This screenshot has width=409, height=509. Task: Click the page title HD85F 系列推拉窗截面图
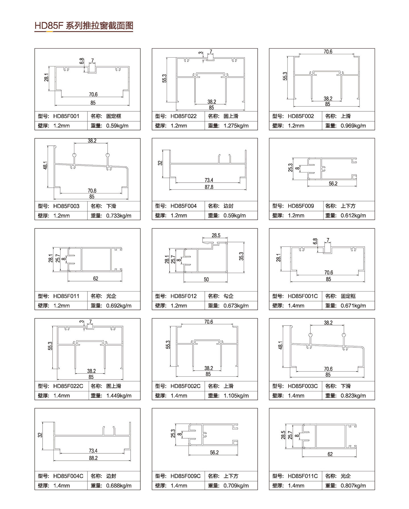coord(84,26)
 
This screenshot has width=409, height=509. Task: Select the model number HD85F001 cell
coord(66,116)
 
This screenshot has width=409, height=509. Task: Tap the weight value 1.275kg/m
coord(236,126)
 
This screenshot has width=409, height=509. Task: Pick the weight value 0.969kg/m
coord(353,126)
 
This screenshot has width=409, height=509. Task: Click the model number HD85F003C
coord(303,386)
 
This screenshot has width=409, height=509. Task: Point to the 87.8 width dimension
coord(209,187)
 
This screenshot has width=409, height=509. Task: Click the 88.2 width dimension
coord(93,458)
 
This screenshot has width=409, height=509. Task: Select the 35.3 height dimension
coord(241,256)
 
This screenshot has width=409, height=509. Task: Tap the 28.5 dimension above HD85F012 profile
coord(216,235)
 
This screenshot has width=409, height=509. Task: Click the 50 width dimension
coord(206,279)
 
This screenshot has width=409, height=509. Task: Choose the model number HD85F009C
coord(185,476)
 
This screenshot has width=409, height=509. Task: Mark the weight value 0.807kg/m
coord(353,486)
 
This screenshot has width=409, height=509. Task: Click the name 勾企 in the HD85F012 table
coord(228,296)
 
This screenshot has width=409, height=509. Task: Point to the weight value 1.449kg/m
coord(119,396)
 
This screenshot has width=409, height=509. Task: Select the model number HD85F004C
coord(68,476)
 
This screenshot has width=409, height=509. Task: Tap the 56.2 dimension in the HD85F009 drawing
coord(333,184)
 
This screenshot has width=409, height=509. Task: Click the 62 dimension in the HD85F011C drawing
coord(330,454)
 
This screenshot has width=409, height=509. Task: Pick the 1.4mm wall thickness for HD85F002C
coord(179,396)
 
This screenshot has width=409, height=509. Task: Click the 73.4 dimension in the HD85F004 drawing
coord(209,180)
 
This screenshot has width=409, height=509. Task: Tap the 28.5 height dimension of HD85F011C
coord(283,435)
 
